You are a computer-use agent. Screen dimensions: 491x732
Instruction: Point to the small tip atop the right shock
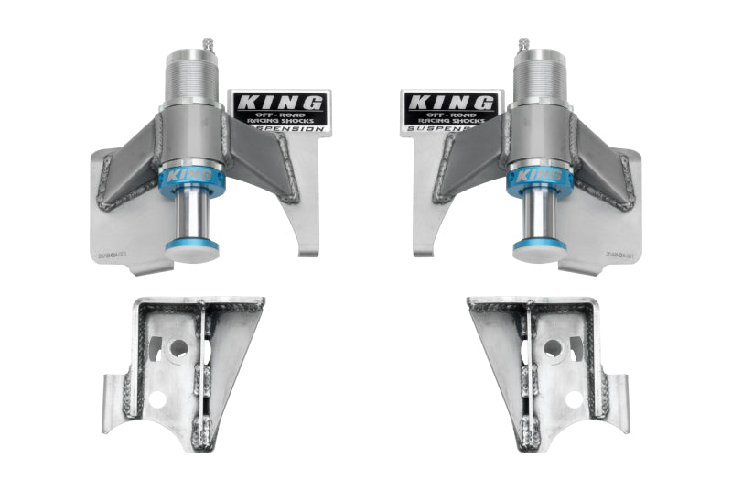pos(523,42)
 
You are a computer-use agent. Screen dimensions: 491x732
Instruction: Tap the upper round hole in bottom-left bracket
pos(178,348)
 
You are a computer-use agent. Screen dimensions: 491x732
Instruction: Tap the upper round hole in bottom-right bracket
pos(553,348)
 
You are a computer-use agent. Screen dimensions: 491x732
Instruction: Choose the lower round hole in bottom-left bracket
pos(161,399)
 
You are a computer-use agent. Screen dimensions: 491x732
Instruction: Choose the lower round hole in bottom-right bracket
pos(573,399)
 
